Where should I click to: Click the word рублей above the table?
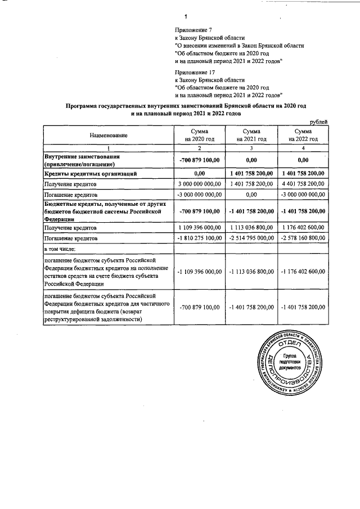point(318,121)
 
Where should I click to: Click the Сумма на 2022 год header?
point(304,135)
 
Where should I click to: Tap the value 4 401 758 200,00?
point(304,184)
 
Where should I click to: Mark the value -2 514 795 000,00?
point(251,238)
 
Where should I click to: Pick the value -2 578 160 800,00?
point(304,238)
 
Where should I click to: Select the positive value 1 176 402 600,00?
point(304,228)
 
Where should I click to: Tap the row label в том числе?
point(60,249)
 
